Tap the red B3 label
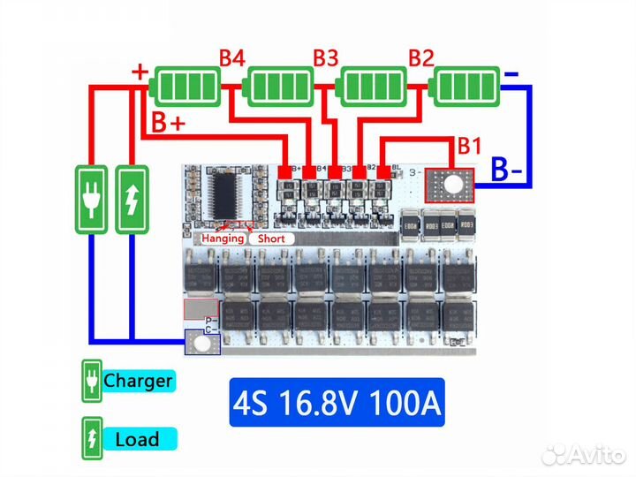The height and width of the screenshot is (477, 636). point(326,59)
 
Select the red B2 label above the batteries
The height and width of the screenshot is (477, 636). point(420,59)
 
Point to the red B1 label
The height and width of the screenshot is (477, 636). point(469,144)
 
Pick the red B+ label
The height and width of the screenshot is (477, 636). point(169,123)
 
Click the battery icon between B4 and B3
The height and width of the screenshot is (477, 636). point(280,87)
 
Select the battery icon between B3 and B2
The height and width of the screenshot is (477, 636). point(373,87)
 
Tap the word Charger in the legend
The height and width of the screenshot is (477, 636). point(138,382)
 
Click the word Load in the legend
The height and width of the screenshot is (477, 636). point(137,439)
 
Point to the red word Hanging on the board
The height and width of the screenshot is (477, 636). point(223,238)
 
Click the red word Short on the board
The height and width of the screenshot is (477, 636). point(271,238)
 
